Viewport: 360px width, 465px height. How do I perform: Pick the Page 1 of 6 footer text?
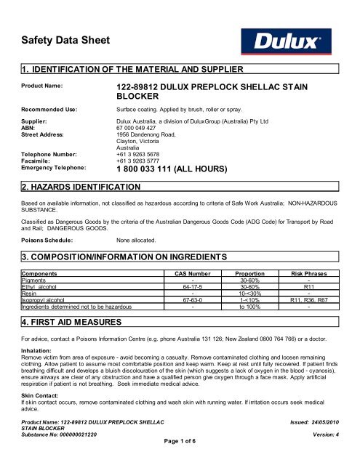tap(180, 459)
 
